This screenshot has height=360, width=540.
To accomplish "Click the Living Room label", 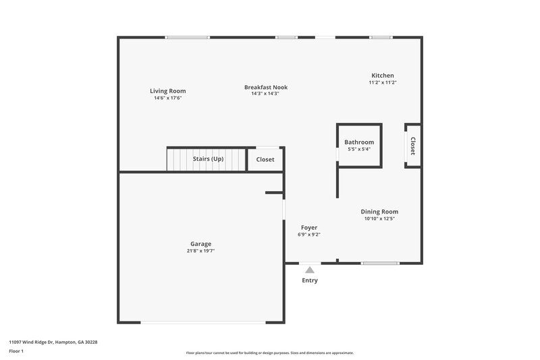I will [167, 91].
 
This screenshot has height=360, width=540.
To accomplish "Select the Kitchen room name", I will [382, 76].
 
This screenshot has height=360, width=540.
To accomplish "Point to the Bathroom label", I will [359, 142].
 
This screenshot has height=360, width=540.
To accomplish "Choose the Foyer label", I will [308, 228].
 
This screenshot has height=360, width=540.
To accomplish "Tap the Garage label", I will [200, 244].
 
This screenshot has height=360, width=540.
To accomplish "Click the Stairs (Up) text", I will [208, 159].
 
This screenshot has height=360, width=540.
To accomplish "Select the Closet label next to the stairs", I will [265, 159].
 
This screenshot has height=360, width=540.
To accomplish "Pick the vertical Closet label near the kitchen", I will [412, 146].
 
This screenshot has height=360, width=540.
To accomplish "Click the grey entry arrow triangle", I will [310, 269].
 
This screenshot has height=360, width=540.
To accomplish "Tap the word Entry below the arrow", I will [310, 280].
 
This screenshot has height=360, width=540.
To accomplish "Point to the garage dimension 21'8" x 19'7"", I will [200, 251].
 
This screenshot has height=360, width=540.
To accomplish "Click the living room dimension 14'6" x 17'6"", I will [167, 98].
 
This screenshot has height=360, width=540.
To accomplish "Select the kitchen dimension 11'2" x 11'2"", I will [382, 82].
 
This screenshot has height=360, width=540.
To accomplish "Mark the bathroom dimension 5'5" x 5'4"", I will [359, 149].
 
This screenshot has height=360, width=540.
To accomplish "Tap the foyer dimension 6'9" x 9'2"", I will [308, 234].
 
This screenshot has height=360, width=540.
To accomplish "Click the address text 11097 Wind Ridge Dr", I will [40, 342].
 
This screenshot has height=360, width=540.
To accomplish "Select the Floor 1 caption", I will [16, 352].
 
